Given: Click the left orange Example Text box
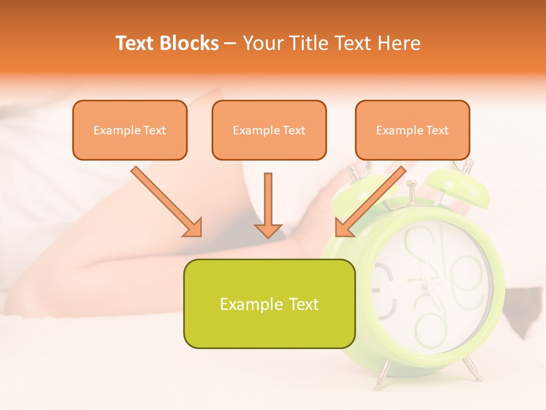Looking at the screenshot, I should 130,130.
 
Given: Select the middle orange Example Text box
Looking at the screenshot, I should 269,130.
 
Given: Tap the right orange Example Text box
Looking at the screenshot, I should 412,130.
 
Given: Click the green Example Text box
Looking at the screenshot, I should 269,304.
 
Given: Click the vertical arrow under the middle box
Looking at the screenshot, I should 268,206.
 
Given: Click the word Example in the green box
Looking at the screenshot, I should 243,304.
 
